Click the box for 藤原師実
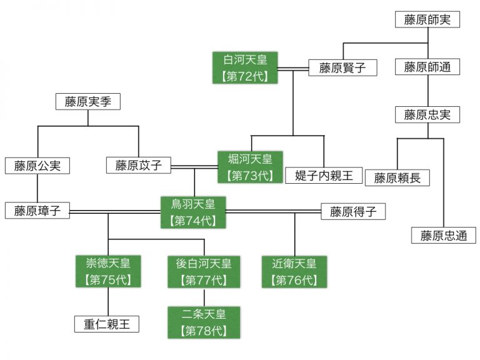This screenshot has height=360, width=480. (427, 19)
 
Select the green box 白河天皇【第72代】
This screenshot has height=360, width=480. (244, 68)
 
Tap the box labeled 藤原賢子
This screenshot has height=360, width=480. (342, 67)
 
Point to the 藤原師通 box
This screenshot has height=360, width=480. (427, 67)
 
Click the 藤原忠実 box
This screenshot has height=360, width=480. (427, 114)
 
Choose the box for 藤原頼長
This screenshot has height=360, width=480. (397, 178)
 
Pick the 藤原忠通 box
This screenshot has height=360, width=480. (443, 236)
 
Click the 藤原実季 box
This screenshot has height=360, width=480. (88, 101)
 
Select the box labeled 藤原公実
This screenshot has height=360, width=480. (37, 165)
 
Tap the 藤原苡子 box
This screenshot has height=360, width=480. (139, 165)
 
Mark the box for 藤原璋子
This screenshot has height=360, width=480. (37, 211)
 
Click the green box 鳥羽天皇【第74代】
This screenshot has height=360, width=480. (194, 212)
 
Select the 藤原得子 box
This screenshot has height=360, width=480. (353, 211)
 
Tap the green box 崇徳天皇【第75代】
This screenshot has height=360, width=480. (109, 271)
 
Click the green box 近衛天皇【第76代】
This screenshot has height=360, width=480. (294, 271)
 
